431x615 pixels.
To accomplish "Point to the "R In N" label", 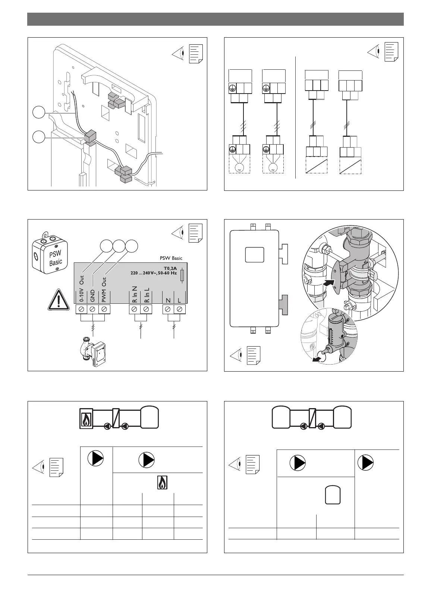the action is coord(135,294).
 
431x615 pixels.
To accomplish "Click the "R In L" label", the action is coord(147,295).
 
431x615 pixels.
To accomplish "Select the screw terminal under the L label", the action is coord(180,309).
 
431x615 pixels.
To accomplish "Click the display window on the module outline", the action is coord(255,256).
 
